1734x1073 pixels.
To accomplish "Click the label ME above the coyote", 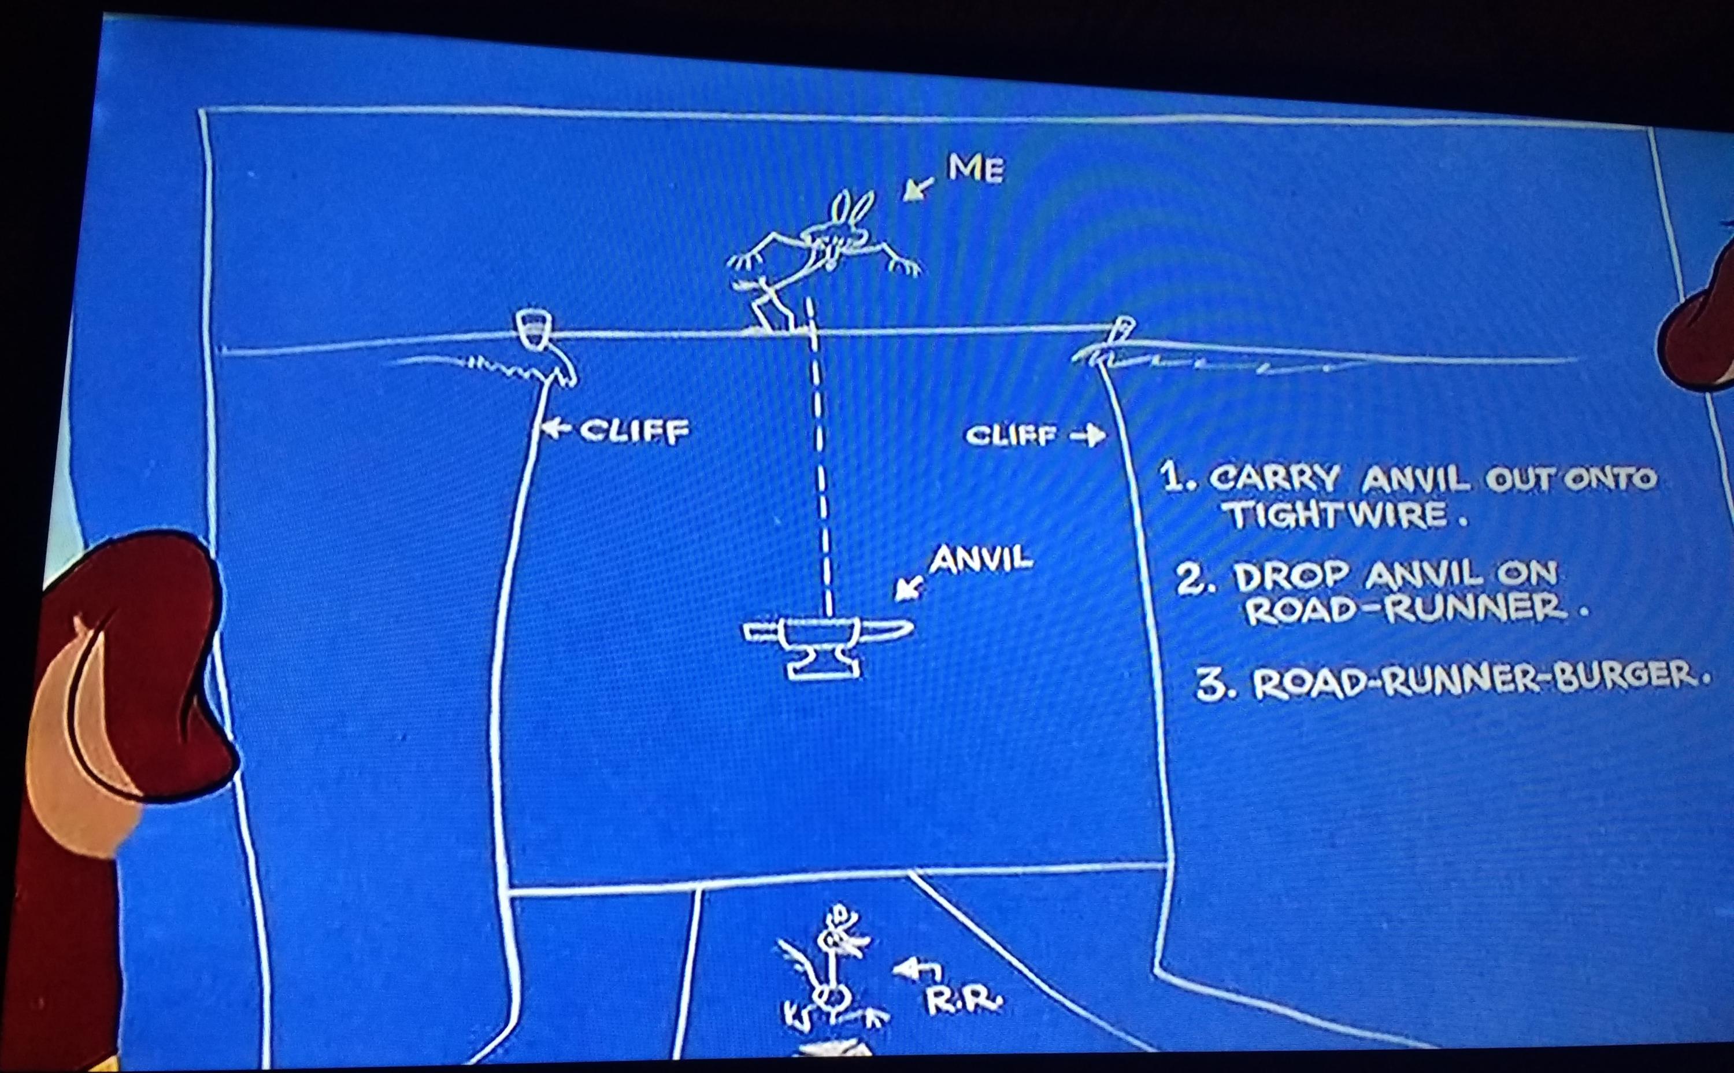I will [976, 169].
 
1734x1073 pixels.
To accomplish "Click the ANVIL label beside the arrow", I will [981, 561].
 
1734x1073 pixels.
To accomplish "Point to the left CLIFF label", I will [634, 430].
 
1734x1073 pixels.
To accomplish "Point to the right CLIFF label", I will [1011, 435].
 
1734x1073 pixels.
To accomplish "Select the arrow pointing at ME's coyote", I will [919, 188].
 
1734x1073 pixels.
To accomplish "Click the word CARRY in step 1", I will [1273, 479].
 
